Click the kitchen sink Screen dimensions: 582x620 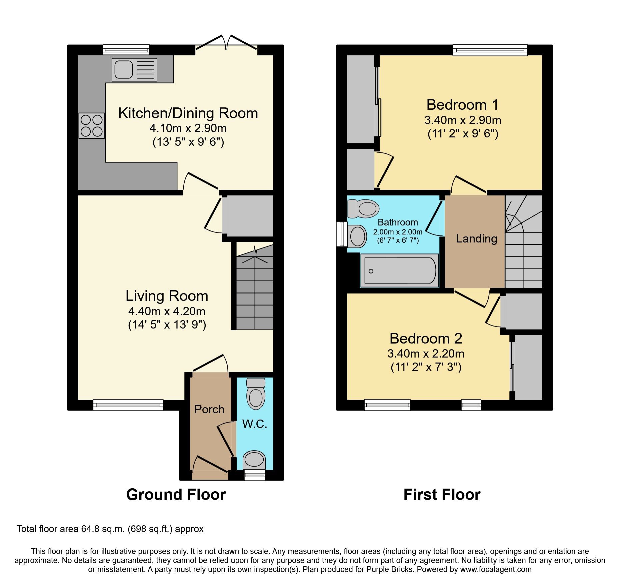coord(134,70)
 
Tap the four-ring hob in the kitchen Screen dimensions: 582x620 coord(92,126)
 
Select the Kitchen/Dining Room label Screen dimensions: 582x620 coord(188,113)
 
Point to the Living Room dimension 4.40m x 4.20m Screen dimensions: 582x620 coord(167,311)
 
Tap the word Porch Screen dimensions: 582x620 coord(209,409)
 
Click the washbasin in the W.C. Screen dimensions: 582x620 coord(254,460)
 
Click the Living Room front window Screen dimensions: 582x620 coord(128,405)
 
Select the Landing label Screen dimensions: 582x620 coord(476,238)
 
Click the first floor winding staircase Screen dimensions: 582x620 coord(523,242)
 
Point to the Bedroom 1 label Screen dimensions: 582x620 coord(463,105)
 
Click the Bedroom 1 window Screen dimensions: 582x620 coord(490,50)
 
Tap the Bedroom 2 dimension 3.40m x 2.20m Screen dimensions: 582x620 coord(426,354)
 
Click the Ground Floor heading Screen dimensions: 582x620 coord(176,494)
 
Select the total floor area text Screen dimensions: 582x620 coord(110,529)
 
